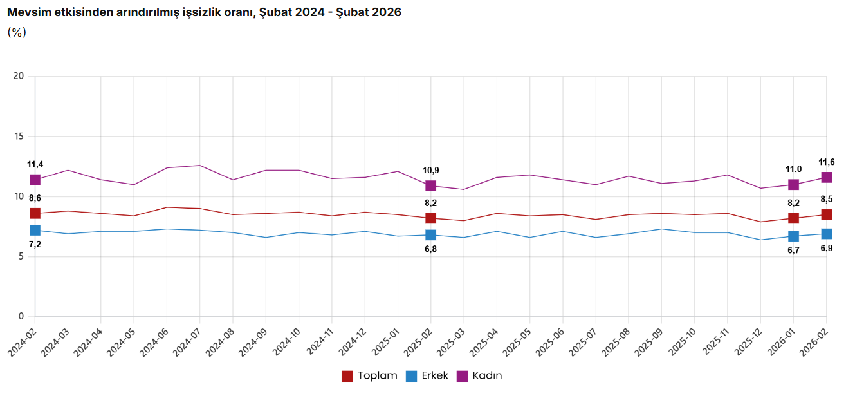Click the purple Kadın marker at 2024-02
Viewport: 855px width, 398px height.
click(35, 180)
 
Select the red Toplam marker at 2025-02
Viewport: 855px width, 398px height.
click(431, 218)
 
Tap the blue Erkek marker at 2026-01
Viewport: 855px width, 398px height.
click(793, 236)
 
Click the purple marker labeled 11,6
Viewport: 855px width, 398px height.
click(827, 177)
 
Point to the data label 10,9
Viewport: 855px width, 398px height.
click(431, 170)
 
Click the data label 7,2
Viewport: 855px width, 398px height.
click(35, 244)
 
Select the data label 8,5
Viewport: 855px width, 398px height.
click(827, 200)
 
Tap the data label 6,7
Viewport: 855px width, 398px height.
click(793, 251)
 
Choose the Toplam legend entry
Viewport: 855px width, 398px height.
click(369, 375)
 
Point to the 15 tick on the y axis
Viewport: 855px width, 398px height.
click(19, 137)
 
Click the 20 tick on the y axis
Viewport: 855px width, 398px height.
click(19, 76)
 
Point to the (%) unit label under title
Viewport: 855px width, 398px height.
click(17, 32)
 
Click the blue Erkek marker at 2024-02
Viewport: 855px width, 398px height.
click(35, 230)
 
